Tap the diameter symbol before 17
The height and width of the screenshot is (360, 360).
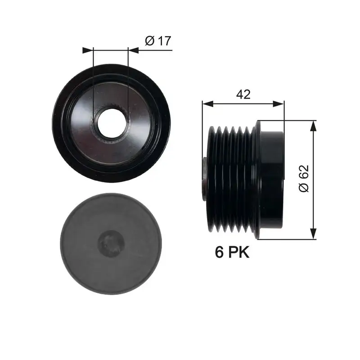[x=150, y=41]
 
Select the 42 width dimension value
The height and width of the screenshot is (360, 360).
[x=243, y=94]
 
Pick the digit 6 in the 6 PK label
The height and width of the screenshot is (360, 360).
[x=220, y=252]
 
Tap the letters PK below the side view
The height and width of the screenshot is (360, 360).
[x=238, y=252]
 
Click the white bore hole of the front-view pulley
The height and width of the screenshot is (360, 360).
[x=110, y=122]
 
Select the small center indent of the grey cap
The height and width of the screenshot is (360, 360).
[x=111, y=244]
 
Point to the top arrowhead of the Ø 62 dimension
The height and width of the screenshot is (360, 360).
[x=314, y=126]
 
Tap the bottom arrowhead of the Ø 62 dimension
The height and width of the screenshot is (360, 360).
[x=314, y=234]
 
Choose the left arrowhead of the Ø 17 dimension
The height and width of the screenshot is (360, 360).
[x=87, y=50]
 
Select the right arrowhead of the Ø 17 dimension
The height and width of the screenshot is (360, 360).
[x=133, y=50]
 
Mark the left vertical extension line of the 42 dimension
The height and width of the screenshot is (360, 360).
[x=202, y=135]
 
